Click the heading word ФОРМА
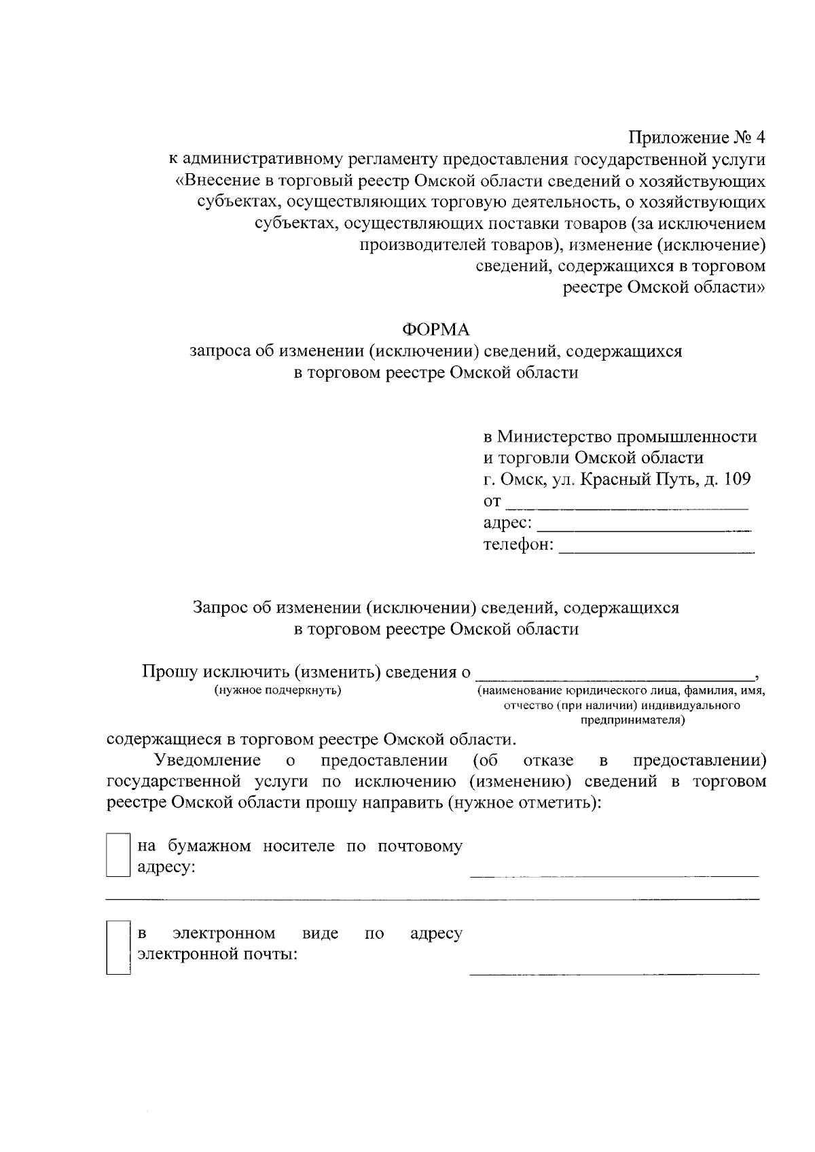[x=435, y=329]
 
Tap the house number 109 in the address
[x=738, y=479]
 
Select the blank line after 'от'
[x=628, y=507]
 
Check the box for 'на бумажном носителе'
[x=118, y=856]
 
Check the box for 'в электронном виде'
[x=118, y=947]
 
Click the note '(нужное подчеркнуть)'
[x=277, y=691]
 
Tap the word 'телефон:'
[x=518, y=545]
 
